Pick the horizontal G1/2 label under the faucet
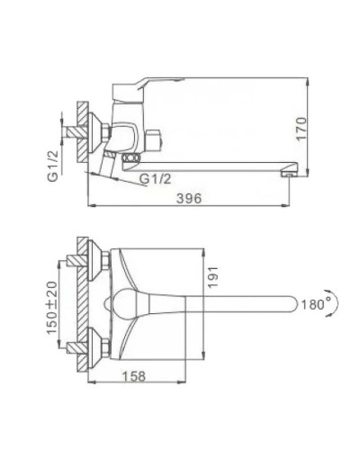click(x=158, y=179)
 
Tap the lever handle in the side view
click(x=144, y=87)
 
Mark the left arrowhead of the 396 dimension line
click(x=94, y=205)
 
